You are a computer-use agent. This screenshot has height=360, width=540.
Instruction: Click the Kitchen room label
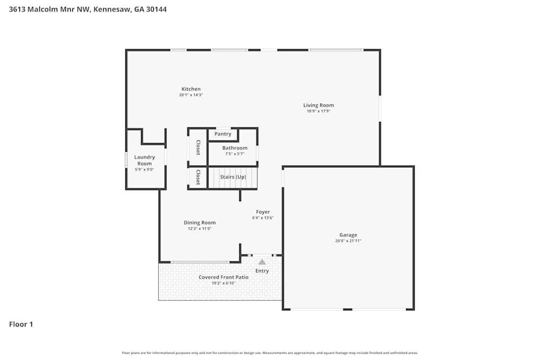191,89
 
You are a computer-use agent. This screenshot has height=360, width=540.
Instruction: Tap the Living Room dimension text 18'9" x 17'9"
318,111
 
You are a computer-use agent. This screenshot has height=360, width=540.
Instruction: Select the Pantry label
222,134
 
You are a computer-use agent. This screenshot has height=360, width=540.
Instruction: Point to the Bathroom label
234,148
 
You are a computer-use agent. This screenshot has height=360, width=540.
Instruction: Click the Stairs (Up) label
233,177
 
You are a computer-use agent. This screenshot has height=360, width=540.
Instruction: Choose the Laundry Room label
144,160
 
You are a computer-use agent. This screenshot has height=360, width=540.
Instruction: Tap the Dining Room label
199,222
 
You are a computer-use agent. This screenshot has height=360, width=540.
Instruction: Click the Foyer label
262,212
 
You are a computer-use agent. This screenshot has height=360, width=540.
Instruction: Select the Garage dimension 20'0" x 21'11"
348,241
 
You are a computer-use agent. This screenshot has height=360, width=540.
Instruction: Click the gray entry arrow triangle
262,262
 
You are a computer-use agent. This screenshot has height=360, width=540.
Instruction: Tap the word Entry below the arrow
262,271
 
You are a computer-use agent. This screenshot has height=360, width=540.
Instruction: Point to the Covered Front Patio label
224,277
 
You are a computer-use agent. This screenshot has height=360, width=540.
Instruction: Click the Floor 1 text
21,324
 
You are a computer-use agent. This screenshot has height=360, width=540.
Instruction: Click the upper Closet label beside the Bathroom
198,147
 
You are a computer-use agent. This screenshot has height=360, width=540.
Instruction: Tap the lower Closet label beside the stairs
198,177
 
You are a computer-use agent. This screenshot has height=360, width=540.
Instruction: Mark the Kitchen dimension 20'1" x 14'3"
191,95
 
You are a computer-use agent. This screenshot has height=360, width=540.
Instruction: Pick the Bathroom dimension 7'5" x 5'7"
234,154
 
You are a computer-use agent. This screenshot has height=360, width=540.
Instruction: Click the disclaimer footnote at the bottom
270,353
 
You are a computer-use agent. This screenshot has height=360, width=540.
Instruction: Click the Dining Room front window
200,262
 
